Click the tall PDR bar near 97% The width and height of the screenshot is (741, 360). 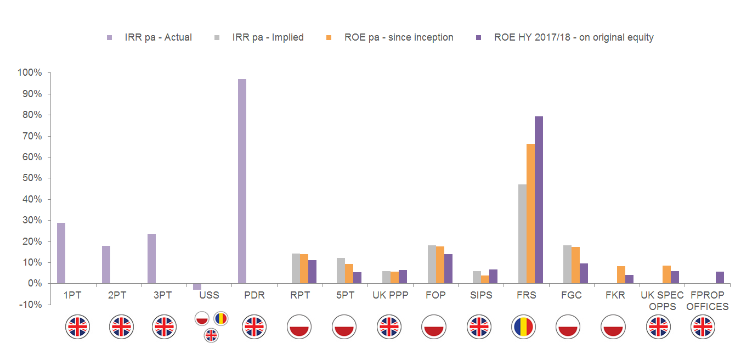tap(242, 181)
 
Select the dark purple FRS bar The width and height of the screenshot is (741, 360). tap(539, 200)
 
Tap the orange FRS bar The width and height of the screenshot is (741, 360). tap(530, 213)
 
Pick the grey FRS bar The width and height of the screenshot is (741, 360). tap(522, 234)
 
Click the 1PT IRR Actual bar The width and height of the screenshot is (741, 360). tap(61, 253)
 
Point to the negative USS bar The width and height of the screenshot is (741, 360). tap(197, 286)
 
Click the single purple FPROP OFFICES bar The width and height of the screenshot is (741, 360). tap(720, 278)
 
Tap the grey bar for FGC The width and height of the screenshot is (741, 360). tap(568, 264)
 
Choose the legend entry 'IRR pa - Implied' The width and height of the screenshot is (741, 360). tap(268, 37)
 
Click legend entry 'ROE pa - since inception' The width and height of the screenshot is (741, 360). tap(399, 37)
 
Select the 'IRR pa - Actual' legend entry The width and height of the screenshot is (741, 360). tap(158, 37)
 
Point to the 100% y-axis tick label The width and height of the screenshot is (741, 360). tap(30, 73)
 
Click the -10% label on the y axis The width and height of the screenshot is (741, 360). tap(31, 305)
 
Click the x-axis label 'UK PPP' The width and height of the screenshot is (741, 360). tap(391, 295)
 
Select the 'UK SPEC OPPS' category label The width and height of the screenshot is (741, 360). tap(663, 301)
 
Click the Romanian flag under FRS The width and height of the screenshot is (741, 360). tap(523, 327)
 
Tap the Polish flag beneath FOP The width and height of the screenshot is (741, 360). tap(433, 327)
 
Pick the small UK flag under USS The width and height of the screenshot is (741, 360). tap(211, 335)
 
